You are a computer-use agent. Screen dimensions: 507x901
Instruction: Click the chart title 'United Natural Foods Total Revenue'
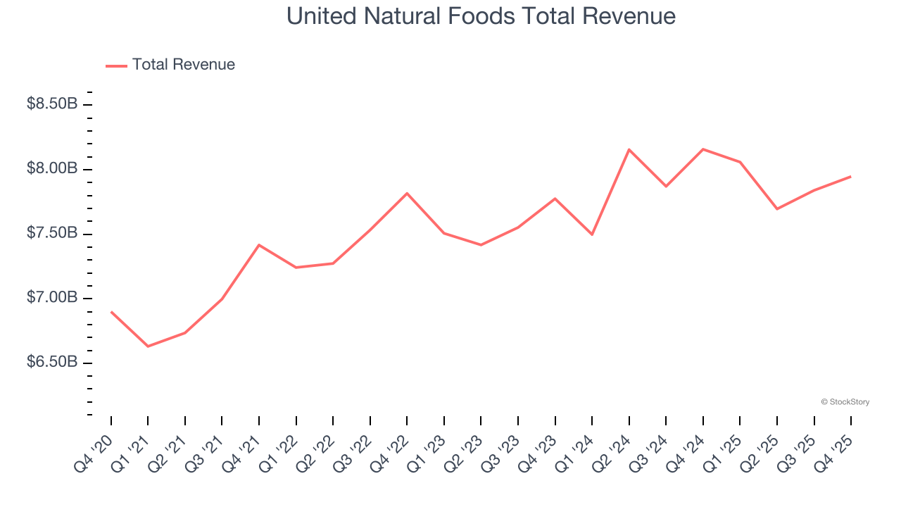[481, 16]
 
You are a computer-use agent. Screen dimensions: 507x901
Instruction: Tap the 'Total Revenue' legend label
[183, 65]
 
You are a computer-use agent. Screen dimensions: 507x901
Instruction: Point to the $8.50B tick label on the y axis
[52, 104]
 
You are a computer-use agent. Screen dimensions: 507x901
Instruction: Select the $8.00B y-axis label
[52, 169]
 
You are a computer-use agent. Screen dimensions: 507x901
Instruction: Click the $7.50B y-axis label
[52, 234]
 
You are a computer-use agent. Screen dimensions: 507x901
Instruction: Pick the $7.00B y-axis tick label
[52, 298]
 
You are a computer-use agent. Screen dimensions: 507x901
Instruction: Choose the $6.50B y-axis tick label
[52, 363]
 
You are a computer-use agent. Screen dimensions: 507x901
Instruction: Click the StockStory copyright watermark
[845, 402]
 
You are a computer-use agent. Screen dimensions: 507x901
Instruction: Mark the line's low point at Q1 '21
[148, 346]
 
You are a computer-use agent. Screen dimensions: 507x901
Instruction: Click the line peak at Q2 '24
[629, 149]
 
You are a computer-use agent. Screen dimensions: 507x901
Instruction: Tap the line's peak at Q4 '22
[407, 193]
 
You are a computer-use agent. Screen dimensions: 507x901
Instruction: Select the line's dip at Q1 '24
[592, 234]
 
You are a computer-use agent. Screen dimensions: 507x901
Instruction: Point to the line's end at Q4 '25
[850, 177]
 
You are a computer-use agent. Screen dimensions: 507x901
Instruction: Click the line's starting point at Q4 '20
[111, 311]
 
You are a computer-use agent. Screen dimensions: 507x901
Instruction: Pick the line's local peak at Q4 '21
[259, 245]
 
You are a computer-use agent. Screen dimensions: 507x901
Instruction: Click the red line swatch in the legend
[116, 65]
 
